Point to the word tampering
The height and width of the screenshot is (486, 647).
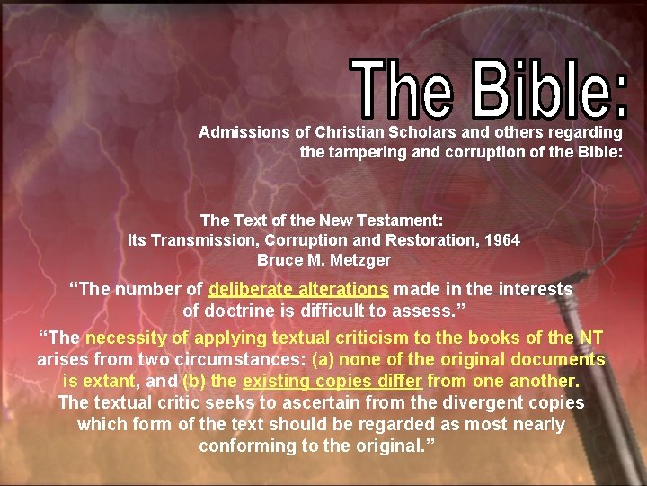coord(366,152)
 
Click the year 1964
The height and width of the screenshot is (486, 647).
coord(501,240)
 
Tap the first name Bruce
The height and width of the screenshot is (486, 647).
coord(279,260)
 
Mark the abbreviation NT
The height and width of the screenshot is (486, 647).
coord(590,338)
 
